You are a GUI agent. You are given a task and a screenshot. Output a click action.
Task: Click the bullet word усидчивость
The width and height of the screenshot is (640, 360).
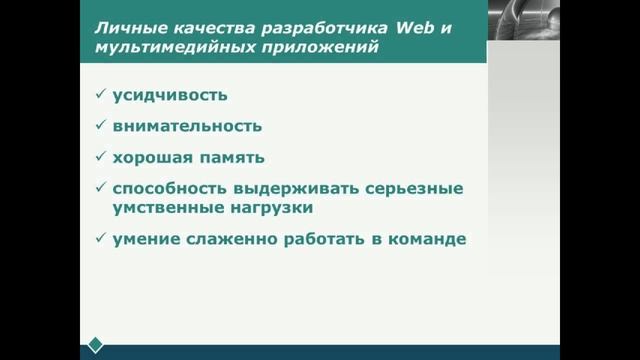tap(170, 96)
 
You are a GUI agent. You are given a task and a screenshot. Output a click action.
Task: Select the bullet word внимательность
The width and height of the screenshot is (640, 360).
tap(187, 126)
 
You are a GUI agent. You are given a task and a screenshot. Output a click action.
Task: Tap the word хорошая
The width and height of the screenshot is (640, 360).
tap(152, 157)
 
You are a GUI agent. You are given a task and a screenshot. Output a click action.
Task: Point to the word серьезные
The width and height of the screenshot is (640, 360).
tap(414, 188)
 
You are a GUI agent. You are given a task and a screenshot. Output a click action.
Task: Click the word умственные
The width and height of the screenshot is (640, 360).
tap(159, 208)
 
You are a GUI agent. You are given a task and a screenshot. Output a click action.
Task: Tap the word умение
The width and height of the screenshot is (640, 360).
tap(144, 240)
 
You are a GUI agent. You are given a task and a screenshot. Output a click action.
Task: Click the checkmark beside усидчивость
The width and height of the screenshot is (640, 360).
tap(100, 95)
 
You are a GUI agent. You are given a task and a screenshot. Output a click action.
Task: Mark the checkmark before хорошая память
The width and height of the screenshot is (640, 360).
tap(100, 156)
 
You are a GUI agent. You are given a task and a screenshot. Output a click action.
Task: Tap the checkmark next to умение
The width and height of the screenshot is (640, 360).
tap(100, 239)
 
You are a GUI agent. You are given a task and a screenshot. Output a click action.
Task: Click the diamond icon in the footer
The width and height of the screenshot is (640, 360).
tap(95, 345)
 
